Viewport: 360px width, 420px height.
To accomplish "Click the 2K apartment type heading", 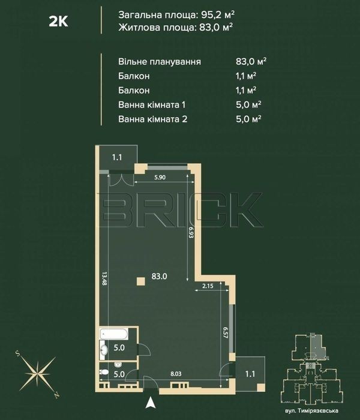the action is pos(58,21).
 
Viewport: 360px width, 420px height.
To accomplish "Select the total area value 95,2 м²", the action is pos(218,15).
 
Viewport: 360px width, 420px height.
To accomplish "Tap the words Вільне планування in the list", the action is pos(160,62).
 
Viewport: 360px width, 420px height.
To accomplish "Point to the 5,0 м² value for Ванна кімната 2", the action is pos(248,119).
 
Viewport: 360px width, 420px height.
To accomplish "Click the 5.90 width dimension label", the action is pos(160,178).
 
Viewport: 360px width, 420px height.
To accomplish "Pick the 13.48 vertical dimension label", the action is pos(104,278).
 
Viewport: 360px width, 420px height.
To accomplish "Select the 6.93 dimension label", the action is pos(191,233).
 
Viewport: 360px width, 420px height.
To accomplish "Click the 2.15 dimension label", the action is pos(208,286).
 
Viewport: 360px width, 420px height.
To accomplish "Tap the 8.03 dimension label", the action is pos(176,374).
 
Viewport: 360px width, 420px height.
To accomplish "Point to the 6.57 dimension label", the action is pos(225,332).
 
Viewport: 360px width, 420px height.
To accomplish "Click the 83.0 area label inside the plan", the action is pos(160,276).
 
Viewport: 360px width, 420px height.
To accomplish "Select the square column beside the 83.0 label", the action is pos(141,281).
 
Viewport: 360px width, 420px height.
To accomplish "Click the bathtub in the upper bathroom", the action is pos(114,334).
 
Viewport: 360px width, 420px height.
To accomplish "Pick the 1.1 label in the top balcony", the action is pos(117,157).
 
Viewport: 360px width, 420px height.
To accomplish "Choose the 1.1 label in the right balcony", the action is pos(250,374).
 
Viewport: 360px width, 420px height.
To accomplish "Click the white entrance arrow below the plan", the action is pos(151,403).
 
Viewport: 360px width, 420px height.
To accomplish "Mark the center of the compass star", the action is pos(38,374).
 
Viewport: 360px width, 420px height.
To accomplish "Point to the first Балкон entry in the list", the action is pos(134,76).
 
